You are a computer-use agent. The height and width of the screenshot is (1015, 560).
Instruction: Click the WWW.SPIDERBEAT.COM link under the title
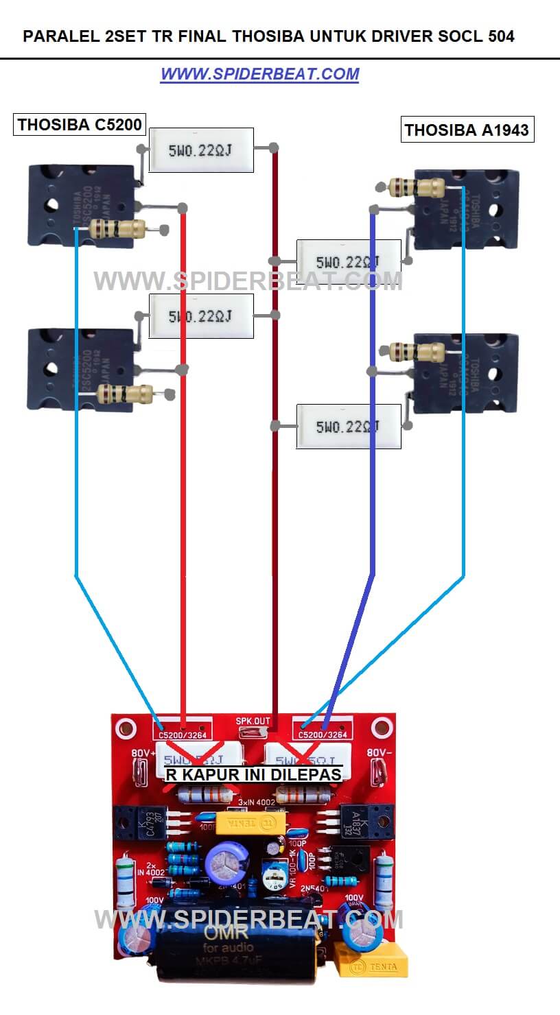pos(259,74)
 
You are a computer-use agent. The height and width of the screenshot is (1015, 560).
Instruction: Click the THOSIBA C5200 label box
pos(80,124)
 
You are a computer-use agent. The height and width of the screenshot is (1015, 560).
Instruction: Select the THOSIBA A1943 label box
pos(467,130)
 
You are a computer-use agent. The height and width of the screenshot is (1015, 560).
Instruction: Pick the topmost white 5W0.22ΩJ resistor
pos(201,150)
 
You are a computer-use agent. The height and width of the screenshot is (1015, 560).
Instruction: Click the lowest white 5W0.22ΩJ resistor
pos(348,427)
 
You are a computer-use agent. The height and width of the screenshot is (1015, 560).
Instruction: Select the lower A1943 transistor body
pos(467,373)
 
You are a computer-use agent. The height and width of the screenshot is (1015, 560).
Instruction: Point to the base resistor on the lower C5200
pos(124,393)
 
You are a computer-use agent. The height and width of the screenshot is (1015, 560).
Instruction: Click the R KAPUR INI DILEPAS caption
pos(253,774)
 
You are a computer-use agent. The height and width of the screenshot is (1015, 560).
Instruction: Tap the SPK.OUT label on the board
pos(253,721)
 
